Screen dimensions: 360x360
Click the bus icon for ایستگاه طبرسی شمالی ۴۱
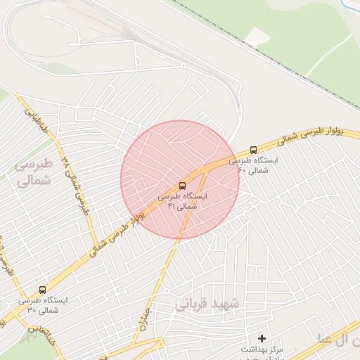(x=183, y=185)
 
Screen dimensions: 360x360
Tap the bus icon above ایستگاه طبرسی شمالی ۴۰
(x=253, y=150)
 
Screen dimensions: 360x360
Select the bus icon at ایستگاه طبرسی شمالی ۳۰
(x=42, y=290)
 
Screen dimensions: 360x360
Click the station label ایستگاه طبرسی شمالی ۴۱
(x=183, y=202)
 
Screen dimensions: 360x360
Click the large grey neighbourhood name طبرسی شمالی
(x=33, y=171)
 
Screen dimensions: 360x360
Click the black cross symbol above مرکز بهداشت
(x=262, y=338)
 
